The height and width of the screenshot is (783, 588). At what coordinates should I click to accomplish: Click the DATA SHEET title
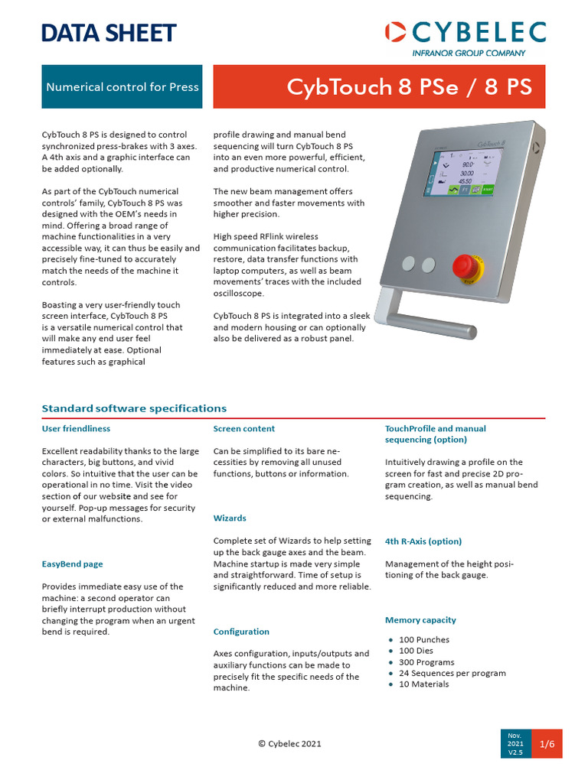click(x=108, y=33)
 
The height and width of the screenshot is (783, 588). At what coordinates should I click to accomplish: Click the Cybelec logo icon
click(x=396, y=32)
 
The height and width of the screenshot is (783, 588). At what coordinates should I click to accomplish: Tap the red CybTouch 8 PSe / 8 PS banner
click(x=379, y=86)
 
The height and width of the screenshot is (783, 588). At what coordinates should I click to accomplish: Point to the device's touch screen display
click(x=462, y=187)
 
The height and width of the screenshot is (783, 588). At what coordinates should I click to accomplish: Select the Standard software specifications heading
click(x=134, y=408)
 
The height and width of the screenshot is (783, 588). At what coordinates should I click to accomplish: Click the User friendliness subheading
click(x=76, y=429)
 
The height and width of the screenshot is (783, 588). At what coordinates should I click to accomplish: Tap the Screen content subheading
click(x=243, y=429)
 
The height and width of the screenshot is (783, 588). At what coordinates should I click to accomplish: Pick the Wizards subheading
click(x=229, y=518)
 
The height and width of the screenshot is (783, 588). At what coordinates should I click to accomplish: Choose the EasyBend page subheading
click(x=72, y=564)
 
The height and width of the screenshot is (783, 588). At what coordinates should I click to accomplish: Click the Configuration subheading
click(x=241, y=632)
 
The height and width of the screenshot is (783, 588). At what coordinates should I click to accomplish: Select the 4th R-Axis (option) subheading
click(x=423, y=541)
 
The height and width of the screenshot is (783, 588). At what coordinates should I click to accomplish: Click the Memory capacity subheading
click(x=420, y=620)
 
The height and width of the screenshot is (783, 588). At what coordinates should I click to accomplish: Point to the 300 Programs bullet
click(x=426, y=662)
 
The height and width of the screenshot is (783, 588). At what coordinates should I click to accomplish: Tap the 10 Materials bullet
click(x=423, y=684)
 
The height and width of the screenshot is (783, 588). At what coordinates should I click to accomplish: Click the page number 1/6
click(x=547, y=743)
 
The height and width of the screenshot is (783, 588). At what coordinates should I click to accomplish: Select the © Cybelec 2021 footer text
click(x=289, y=743)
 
